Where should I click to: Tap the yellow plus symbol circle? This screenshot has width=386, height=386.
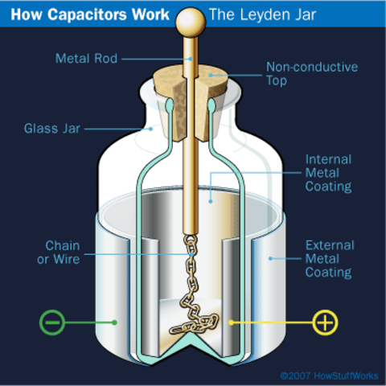coord(325,322)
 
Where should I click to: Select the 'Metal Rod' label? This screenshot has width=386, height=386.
coord(87,58)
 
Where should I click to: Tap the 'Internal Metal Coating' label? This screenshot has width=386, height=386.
coord(328,173)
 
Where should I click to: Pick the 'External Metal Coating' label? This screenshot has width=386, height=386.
coord(328,258)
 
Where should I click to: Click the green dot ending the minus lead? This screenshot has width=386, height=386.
coord(115,322)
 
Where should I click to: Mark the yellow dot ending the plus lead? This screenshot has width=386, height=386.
coord(231,322)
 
